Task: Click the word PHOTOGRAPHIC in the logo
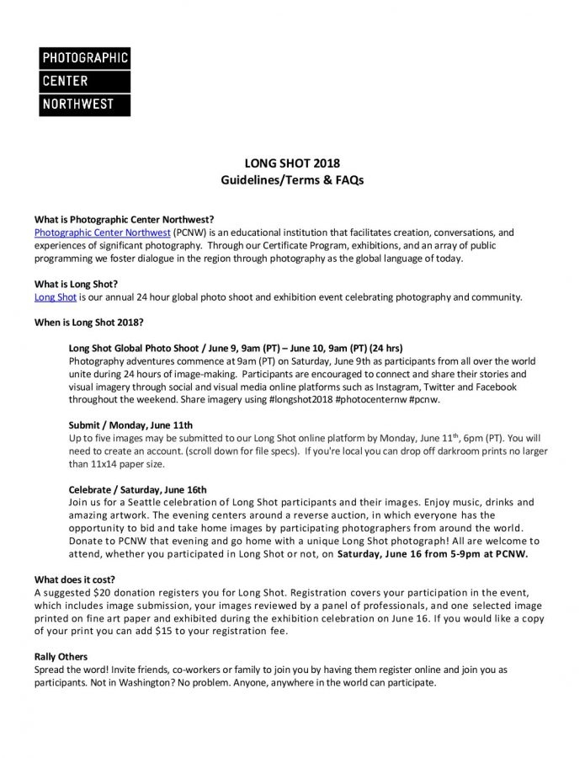(x=84, y=58)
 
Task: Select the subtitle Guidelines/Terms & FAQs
(x=292, y=179)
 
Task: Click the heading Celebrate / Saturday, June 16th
(x=136, y=489)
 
